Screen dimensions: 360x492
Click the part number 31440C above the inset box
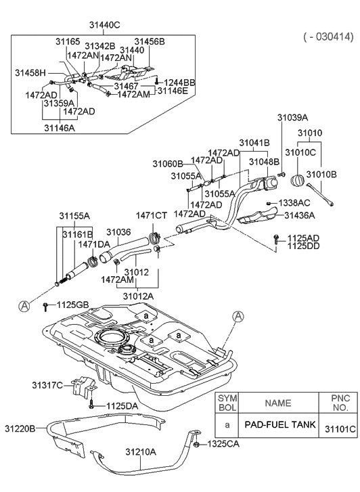click(104, 25)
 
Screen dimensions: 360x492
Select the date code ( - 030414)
click(329, 37)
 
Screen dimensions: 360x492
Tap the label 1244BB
click(179, 83)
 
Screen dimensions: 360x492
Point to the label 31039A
click(292, 118)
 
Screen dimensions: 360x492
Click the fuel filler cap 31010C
click(296, 181)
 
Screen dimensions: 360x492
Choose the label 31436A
click(300, 215)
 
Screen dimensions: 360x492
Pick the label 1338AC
click(294, 203)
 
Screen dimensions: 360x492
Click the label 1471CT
click(152, 216)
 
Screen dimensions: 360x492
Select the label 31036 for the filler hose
click(118, 232)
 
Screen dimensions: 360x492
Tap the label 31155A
click(74, 216)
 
